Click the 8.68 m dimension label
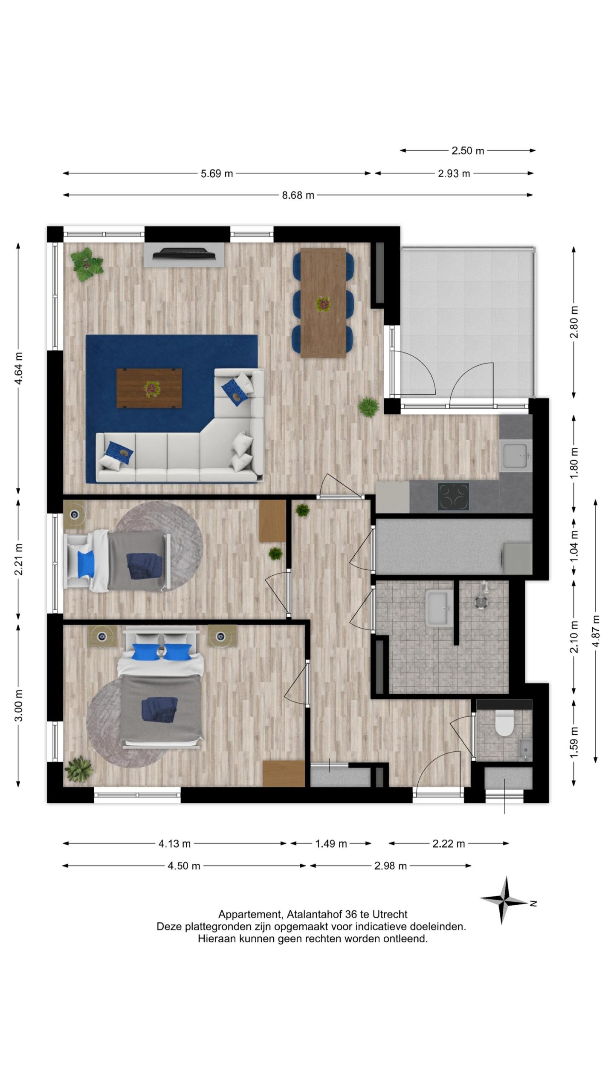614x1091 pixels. coord(298,195)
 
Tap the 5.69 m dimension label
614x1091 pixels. coord(217,173)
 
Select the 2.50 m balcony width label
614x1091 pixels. coord(468,150)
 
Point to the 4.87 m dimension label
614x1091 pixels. coord(596,631)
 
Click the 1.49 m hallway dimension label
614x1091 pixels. coord(331,843)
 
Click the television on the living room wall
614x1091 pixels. coord(184,254)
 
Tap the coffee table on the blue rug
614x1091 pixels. coord(149,388)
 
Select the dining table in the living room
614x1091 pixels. coord(323,303)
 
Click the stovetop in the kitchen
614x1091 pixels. coord(453,496)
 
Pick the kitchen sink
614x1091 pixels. coord(516,456)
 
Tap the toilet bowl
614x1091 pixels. coord(504,723)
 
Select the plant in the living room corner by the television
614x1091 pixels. coord(87,264)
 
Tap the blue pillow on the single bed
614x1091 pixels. coord(86,563)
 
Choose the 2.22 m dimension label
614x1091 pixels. coord(449,843)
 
